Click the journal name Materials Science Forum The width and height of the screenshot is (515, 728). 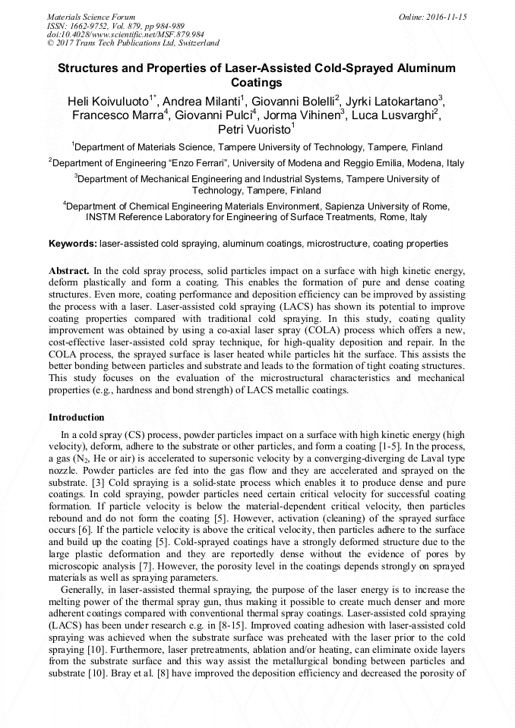pos(91,17)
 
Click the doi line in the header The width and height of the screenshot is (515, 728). pos(125,35)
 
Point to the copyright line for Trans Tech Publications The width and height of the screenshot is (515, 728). pos(133,44)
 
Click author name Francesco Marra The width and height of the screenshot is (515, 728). pos(117,115)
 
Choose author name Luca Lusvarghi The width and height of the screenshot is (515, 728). pos(392,115)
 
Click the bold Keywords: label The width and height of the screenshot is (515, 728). pos(73,244)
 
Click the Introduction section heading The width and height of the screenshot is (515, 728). pos(77,418)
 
